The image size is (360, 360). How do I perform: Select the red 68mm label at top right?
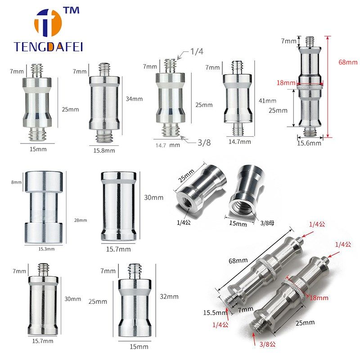348,62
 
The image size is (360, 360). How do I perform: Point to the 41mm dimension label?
268,101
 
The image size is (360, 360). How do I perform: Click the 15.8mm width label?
104,150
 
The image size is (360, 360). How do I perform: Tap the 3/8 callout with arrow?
200,143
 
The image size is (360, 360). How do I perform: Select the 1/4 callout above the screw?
196,52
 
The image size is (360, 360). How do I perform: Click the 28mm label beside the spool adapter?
81,220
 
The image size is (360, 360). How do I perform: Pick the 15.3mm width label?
46,248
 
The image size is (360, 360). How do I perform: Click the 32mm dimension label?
169,297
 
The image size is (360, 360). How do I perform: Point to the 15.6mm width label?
309,143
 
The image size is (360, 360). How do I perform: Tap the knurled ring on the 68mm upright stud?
310,84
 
